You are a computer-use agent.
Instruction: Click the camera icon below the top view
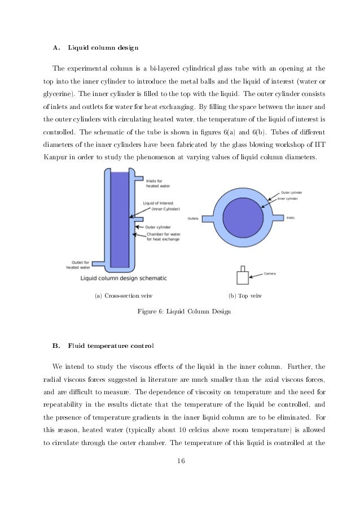click(x=243, y=276)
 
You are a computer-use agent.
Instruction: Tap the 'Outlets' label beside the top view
click(x=194, y=219)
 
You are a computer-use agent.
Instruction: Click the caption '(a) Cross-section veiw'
click(x=124, y=295)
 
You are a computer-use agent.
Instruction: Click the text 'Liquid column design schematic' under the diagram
click(x=124, y=278)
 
